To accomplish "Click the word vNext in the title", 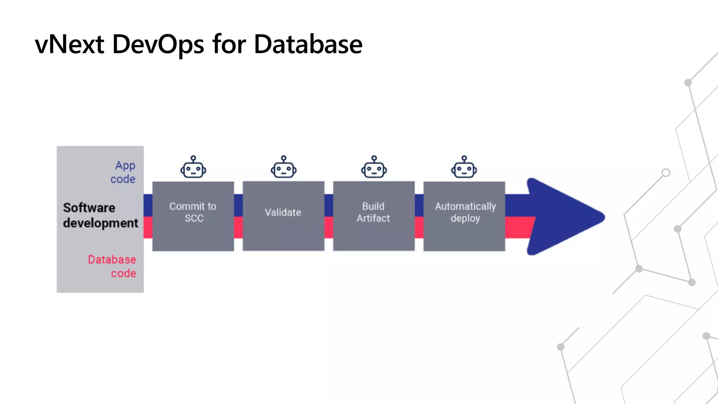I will [69, 45].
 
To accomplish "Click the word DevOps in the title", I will [158, 45].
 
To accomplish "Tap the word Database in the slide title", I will [308, 45].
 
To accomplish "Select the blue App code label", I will [123, 172].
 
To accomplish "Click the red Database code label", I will [112, 266].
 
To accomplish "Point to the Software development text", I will [100, 215].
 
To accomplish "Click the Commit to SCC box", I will [193, 216].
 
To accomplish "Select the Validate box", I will [283, 216].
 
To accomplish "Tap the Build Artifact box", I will [374, 216].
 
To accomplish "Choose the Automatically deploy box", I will [464, 216].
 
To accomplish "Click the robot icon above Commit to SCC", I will [193, 168].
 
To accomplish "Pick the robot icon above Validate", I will [284, 168].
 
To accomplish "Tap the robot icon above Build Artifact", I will [374, 168].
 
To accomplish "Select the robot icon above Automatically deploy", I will [464, 168].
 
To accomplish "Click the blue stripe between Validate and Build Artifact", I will [328, 205].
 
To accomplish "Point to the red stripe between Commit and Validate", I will [238, 227].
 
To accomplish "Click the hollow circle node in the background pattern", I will [666, 173].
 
